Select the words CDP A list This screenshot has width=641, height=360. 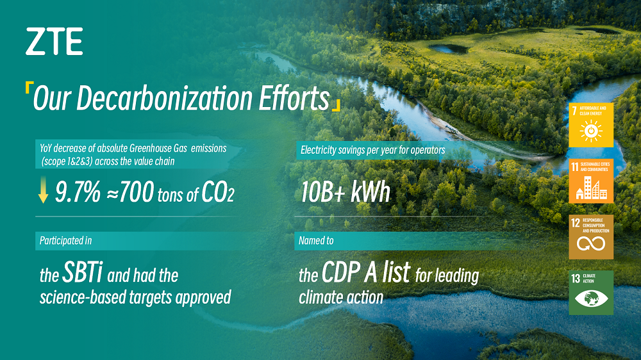[x=366, y=274]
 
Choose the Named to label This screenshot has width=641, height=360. [x=316, y=241]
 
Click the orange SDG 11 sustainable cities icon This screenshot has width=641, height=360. [x=591, y=181]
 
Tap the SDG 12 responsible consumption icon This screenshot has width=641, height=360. [x=591, y=237]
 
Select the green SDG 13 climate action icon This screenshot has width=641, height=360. [x=591, y=293]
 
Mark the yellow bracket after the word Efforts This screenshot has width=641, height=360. [x=337, y=106]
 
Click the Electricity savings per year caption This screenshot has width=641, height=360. [x=372, y=151]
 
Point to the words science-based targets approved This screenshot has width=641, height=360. [x=135, y=298]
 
